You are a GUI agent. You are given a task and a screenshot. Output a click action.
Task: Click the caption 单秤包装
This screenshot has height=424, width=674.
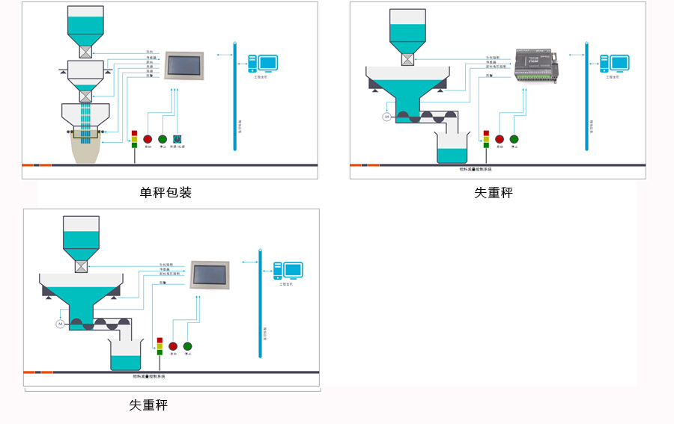tap(166, 193)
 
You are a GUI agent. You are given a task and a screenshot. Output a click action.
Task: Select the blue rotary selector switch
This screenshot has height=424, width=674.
tap(177, 138)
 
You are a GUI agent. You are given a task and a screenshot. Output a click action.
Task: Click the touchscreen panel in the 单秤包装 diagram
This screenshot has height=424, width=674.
tap(184, 66)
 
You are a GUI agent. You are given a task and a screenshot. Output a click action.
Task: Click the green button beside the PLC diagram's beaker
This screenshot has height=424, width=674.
tap(514, 138)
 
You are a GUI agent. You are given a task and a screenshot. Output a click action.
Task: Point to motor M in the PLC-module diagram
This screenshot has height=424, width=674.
tap(387, 117)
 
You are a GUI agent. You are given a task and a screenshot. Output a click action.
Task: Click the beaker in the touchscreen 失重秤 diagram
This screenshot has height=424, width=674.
tap(125, 354)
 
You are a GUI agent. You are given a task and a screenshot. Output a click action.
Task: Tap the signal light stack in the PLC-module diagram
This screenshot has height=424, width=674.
tap(486, 138)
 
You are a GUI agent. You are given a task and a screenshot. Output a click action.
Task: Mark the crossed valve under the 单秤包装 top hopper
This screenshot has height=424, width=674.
tap(85, 52)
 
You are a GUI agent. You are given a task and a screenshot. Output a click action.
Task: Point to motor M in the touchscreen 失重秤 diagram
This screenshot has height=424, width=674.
tap(60, 324)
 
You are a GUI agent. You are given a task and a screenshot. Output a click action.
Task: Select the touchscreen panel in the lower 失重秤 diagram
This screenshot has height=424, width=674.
tap(209, 274)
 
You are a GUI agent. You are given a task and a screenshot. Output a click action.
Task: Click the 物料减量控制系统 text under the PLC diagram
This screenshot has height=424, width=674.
tap(479, 170)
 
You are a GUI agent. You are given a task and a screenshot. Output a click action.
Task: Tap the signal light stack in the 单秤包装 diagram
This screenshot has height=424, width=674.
tap(134, 138)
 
